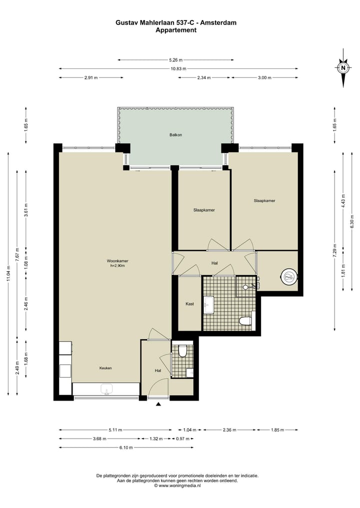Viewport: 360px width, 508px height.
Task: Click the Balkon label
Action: (175, 135)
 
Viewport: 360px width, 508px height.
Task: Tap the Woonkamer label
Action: (117, 261)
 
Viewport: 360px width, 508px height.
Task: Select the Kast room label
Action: (189, 304)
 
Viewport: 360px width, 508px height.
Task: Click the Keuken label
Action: (105, 368)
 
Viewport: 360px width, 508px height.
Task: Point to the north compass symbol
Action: (343, 68)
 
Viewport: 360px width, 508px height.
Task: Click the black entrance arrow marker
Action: (158, 404)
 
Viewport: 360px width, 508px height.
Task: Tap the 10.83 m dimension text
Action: (178, 69)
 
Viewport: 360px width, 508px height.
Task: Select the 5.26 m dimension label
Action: (176, 60)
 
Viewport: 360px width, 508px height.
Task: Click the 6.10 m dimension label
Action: (126, 448)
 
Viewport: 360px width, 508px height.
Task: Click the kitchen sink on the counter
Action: (106, 389)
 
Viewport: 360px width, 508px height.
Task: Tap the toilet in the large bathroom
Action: (245, 321)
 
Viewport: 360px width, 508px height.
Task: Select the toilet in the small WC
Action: (182, 352)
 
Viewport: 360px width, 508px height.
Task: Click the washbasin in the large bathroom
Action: (209, 305)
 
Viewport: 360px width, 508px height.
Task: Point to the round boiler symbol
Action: (289, 277)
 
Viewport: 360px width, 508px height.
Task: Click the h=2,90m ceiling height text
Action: (117, 266)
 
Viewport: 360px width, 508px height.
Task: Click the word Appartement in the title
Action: (176, 30)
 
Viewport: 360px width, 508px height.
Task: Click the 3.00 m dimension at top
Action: (264, 78)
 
